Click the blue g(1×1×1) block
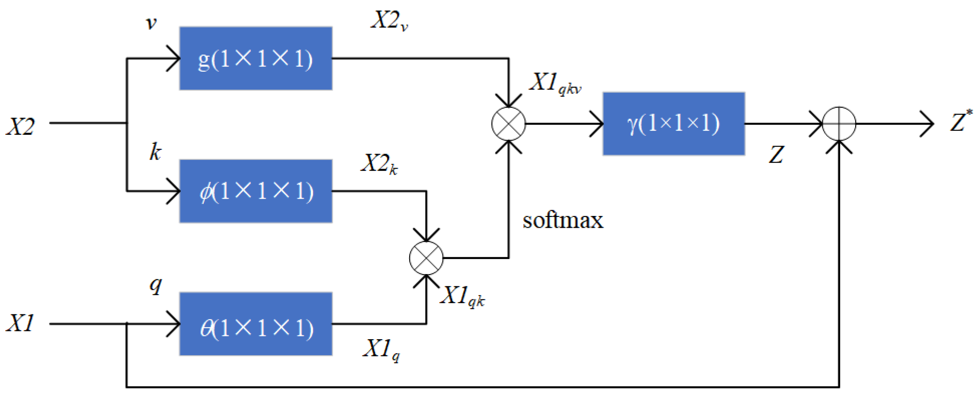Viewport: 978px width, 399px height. coord(256,58)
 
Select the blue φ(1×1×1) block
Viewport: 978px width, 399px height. coord(256,191)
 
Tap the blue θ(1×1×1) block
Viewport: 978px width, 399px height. coord(256,324)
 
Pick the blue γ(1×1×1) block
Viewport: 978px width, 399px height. coord(673,124)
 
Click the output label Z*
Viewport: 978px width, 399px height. coord(960,121)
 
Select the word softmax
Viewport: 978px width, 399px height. coord(563,220)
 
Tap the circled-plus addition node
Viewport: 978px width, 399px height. coord(839,124)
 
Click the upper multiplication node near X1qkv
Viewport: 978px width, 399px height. coord(508,124)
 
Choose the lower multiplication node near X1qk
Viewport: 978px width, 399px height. coord(426,258)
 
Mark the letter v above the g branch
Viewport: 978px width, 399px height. coord(151,23)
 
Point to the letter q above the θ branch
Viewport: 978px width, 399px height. coord(155,285)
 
